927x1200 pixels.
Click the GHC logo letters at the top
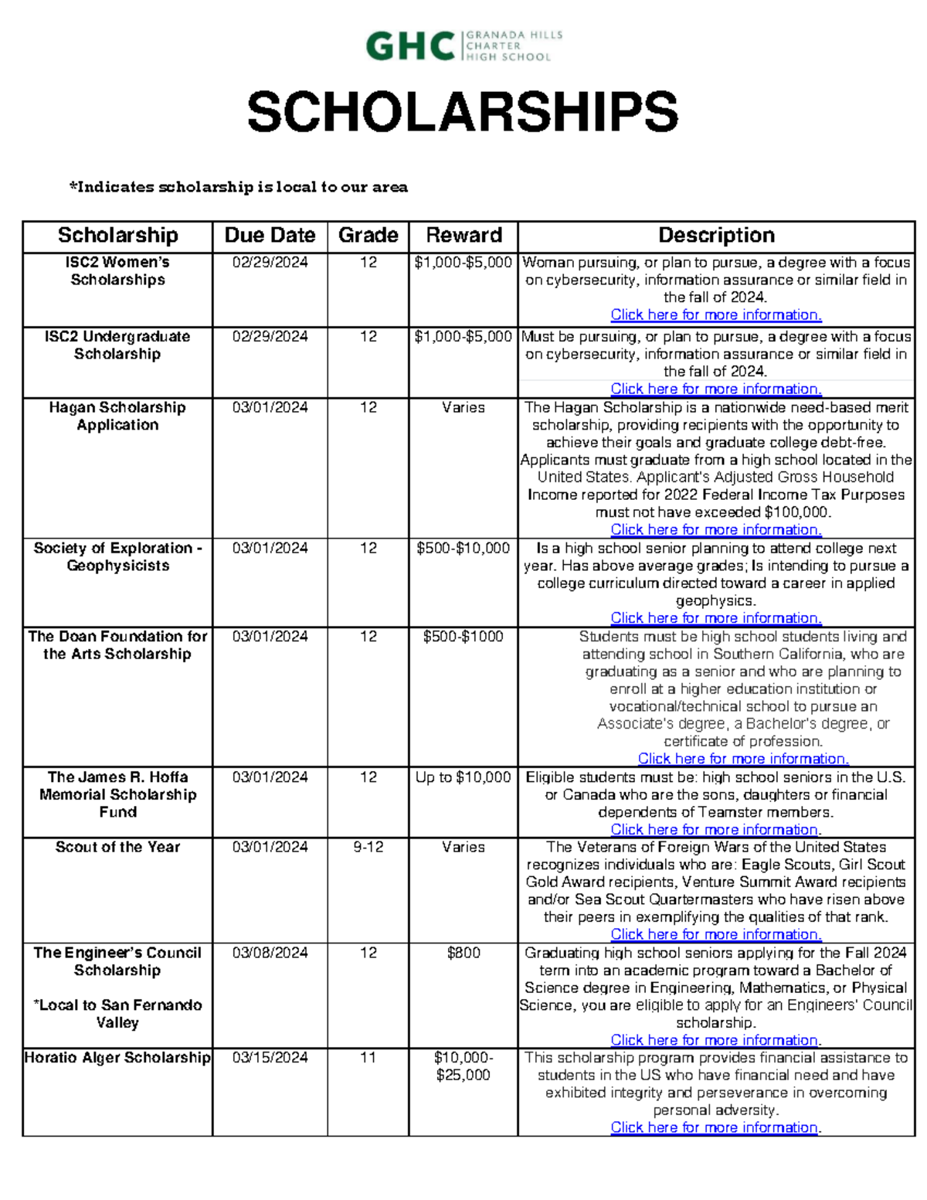(x=409, y=46)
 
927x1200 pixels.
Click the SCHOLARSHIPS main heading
(x=462, y=112)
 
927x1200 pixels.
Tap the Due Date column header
(x=270, y=236)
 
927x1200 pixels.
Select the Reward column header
(x=463, y=236)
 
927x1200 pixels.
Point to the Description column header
(x=716, y=236)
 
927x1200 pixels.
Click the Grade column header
(x=368, y=236)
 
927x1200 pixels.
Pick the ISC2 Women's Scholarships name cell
(x=117, y=271)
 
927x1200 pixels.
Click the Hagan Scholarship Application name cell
(x=117, y=416)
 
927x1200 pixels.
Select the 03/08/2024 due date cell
(x=270, y=954)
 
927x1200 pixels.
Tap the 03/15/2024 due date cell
(x=270, y=1059)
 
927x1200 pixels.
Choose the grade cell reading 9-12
(x=368, y=848)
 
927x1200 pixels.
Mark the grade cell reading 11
(x=368, y=1059)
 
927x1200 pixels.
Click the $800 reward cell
(x=463, y=954)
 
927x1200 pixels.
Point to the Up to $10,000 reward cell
(x=463, y=778)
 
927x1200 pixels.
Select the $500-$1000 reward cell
(x=463, y=637)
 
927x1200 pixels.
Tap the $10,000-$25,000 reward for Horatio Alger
(x=463, y=1067)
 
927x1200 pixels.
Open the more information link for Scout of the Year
(x=715, y=935)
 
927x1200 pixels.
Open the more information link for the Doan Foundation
(x=743, y=760)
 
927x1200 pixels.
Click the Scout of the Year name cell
(x=117, y=848)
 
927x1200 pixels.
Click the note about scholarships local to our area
(x=238, y=187)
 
